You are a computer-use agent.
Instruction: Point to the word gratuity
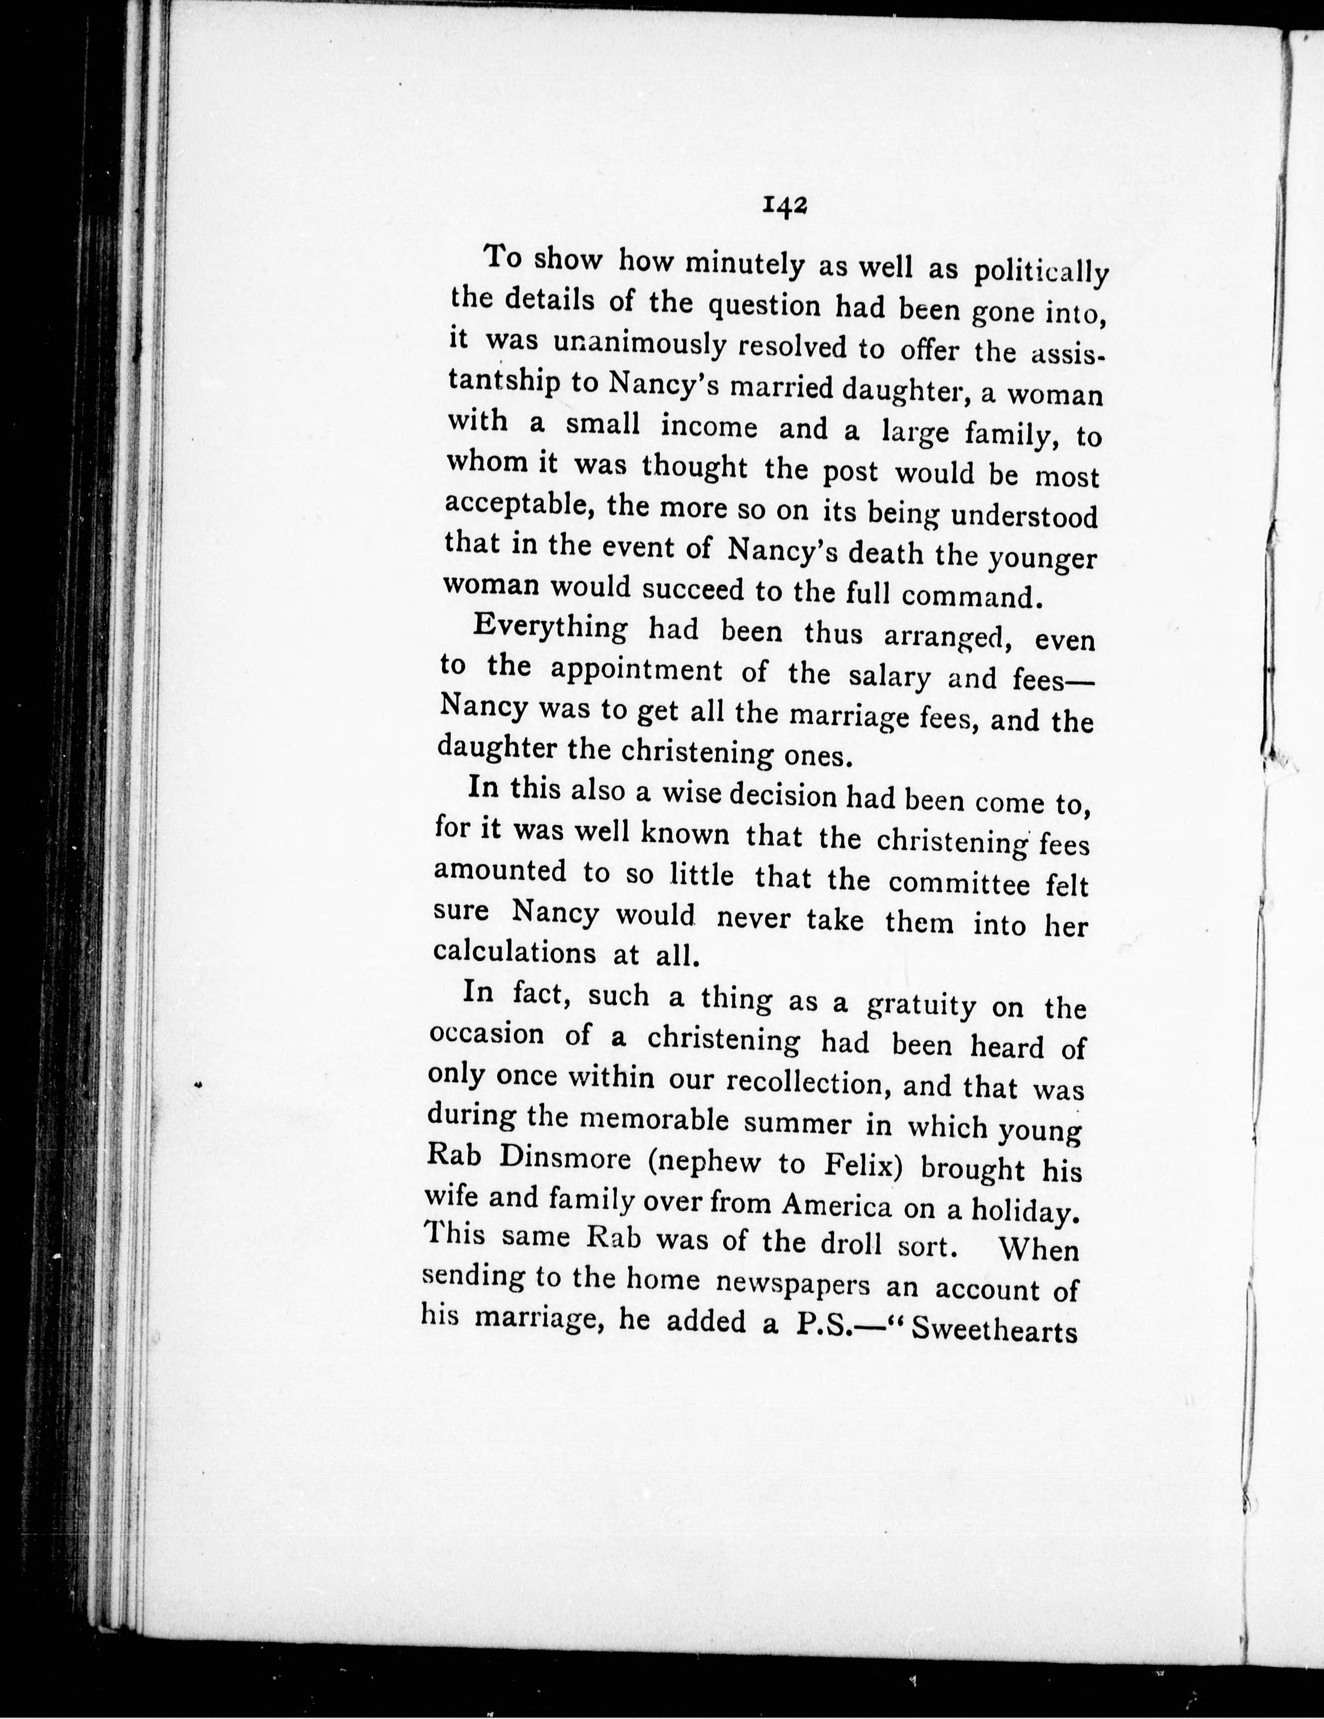pos(921,1004)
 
